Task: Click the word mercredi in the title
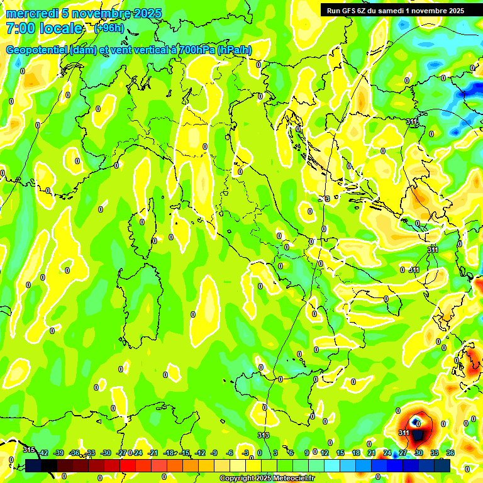[x=28, y=13]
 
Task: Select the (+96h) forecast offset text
[x=109, y=28]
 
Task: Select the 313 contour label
[x=264, y=435]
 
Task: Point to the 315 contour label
[x=29, y=449]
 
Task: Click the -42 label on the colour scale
[x=43, y=453]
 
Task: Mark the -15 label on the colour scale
[x=185, y=453]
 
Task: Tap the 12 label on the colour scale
[x=325, y=453]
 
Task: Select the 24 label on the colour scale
[x=387, y=453]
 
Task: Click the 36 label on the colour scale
[x=450, y=453]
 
